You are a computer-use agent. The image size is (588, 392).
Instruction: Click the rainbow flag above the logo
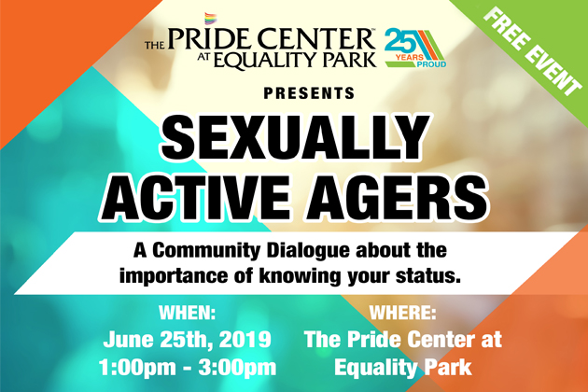point(210,19)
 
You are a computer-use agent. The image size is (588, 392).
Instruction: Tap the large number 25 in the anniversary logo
point(400,41)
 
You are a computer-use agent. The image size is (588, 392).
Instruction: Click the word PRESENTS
point(309,93)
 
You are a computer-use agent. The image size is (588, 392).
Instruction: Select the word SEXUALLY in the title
point(295,138)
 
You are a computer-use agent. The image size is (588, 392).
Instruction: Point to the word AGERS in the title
point(398,198)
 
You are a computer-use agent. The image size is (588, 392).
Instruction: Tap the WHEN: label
point(187,313)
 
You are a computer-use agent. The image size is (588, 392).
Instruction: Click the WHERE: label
point(403,313)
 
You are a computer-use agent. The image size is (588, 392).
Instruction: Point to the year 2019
point(245,340)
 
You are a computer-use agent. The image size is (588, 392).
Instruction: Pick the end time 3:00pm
point(238,368)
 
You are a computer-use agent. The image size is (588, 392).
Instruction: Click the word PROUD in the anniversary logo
point(431,64)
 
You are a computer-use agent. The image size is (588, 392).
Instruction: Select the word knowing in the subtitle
point(299,277)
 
